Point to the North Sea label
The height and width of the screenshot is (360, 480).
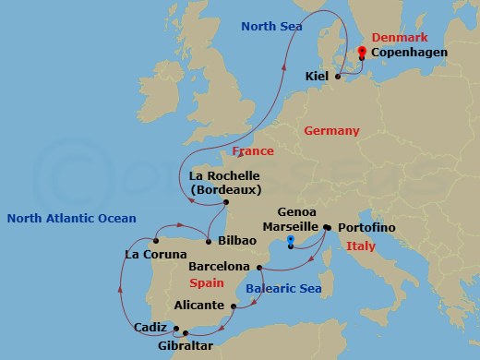[x=271, y=27]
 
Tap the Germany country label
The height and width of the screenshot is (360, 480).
[x=331, y=131]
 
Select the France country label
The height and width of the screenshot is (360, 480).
[x=253, y=150]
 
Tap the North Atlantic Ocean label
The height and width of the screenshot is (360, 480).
[x=71, y=219]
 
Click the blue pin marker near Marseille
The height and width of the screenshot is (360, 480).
[x=292, y=243]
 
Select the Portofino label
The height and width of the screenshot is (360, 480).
[x=366, y=227]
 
